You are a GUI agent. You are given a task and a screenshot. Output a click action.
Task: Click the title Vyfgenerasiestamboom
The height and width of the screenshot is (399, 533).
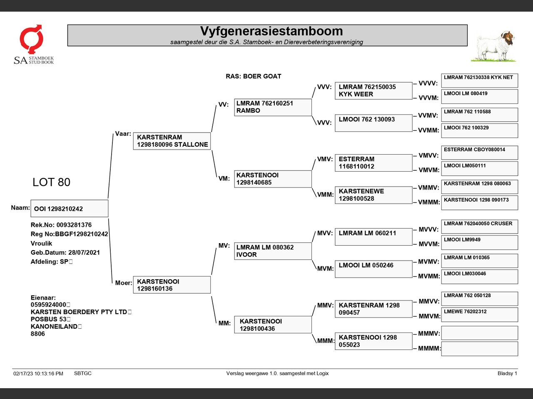[271, 31]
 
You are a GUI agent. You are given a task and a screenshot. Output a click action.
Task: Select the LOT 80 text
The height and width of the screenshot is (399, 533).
[51, 182]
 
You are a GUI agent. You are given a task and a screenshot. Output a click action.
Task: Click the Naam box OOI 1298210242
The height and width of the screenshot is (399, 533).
[69, 209]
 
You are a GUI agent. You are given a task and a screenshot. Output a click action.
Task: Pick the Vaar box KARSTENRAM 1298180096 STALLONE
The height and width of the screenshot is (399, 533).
[172, 141]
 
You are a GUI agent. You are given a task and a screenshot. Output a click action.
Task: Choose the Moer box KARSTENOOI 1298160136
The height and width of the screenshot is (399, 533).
[172, 285]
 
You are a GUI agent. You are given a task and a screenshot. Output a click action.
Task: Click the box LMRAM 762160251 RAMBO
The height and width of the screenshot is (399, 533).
[273, 107]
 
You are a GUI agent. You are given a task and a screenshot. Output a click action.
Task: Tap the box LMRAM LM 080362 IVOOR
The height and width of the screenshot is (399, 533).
[273, 251]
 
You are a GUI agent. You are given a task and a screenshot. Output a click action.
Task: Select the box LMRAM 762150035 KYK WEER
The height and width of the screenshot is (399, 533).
[373, 91]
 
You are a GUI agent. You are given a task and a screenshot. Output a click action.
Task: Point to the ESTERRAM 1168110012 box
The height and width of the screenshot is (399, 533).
[373, 163]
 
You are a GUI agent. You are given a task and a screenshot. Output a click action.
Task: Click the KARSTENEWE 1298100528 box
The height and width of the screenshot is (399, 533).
[373, 195]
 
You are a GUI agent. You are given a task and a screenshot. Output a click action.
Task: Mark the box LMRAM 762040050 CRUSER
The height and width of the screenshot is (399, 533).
[479, 227]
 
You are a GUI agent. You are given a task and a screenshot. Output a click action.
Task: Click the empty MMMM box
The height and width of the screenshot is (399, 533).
[479, 349]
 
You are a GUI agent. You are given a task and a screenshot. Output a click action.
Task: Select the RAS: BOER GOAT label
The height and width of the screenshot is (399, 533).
[253, 76]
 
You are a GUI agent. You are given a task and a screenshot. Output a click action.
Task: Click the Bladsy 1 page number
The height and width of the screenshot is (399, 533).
[507, 373]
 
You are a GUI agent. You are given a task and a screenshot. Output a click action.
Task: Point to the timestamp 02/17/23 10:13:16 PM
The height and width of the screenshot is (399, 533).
[38, 374]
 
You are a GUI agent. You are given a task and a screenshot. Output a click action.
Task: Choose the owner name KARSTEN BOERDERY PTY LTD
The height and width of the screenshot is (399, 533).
[79, 312]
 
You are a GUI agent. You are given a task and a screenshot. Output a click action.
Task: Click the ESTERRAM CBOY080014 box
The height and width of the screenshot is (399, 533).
[479, 153]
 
